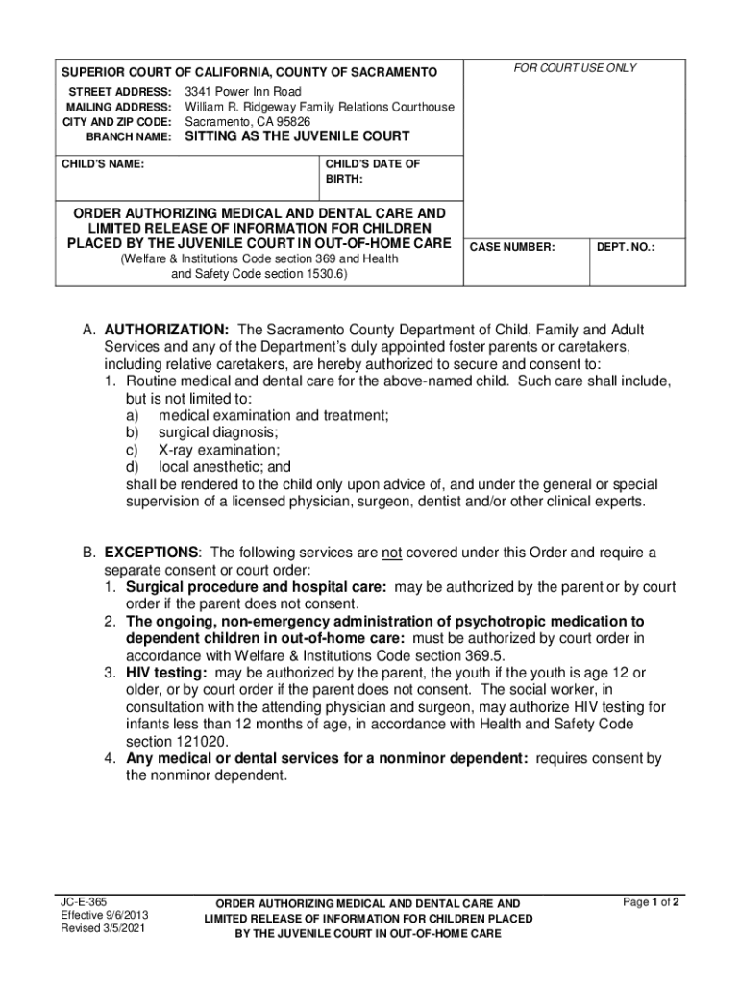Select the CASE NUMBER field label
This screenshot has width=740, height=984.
(512, 247)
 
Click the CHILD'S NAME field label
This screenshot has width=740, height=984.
(104, 164)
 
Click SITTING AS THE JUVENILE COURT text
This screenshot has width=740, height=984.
(297, 137)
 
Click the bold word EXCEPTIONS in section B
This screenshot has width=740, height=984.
(152, 553)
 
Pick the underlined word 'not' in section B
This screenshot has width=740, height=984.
(391, 553)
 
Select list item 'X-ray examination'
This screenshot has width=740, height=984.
(219, 450)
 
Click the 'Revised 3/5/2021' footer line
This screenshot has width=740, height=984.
(104, 929)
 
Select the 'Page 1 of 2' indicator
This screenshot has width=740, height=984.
(652, 902)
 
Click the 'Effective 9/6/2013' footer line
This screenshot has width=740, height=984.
(105, 916)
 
